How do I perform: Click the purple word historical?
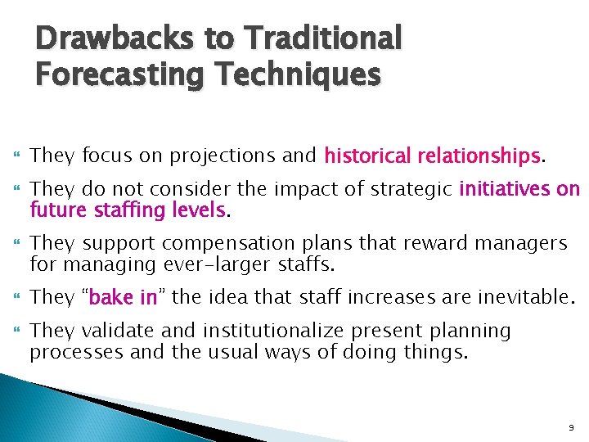[369, 155]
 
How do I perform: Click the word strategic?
[412, 190]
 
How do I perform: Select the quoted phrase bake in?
[123, 297]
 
